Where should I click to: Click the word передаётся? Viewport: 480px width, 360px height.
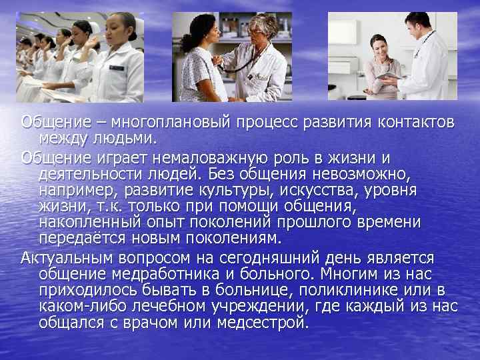[x=78, y=238]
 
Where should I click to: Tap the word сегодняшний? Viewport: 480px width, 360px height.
[x=309, y=258]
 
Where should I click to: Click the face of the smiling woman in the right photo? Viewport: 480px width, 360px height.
[x=379, y=47]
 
